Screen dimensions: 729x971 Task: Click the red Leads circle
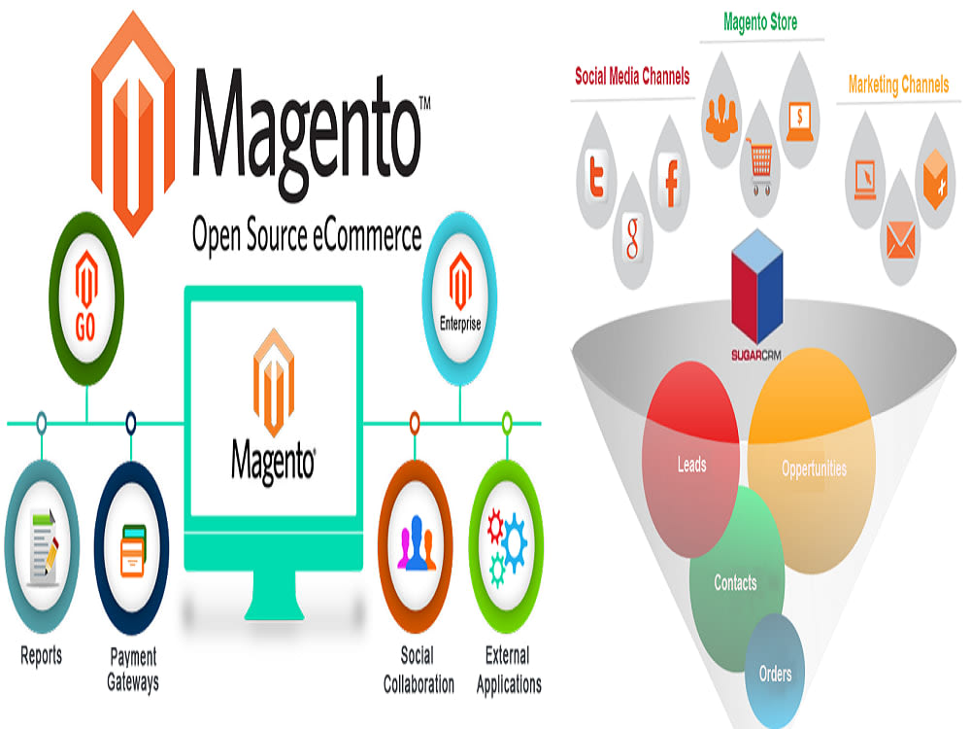coord(691,465)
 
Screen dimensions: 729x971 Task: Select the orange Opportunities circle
coord(814,468)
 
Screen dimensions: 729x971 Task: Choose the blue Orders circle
coord(775,672)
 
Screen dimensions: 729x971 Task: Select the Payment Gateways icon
coord(131,550)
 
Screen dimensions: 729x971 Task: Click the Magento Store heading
coord(762,21)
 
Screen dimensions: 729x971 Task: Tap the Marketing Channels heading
coord(898,85)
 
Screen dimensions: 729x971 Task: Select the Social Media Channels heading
coord(632,76)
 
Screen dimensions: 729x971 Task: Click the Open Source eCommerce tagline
coord(307,234)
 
